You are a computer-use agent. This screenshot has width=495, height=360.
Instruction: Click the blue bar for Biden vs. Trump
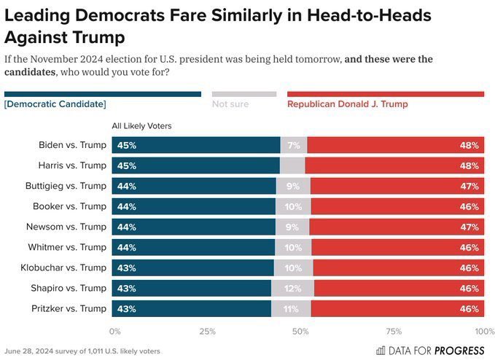tap(195, 145)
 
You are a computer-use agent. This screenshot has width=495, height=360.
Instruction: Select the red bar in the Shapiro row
tap(399, 288)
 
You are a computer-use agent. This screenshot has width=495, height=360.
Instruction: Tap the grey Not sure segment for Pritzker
tap(291, 308)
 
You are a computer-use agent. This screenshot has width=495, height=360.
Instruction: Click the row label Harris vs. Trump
tap(73, 165)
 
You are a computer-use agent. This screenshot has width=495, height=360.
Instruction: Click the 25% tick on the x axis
tap(207, 332)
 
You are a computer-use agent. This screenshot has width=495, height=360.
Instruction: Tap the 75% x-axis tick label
tap(394, 332)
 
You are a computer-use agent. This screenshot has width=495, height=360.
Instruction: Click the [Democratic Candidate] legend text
tap(55, 104)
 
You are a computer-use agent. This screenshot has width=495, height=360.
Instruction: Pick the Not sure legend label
tap(230, 104)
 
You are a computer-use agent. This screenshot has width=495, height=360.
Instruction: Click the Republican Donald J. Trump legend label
tap(347, 104)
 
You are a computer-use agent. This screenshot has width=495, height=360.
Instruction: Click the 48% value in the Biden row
tap(469, 145)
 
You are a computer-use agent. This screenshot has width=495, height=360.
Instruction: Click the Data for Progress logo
tap(430, 350)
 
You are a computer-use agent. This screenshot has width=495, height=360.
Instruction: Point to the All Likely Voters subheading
tap(141, 126)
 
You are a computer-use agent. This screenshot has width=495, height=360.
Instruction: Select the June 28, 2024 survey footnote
tap(82, 351)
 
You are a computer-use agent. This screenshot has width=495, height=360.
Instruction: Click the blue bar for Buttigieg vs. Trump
tap(193, 186)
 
